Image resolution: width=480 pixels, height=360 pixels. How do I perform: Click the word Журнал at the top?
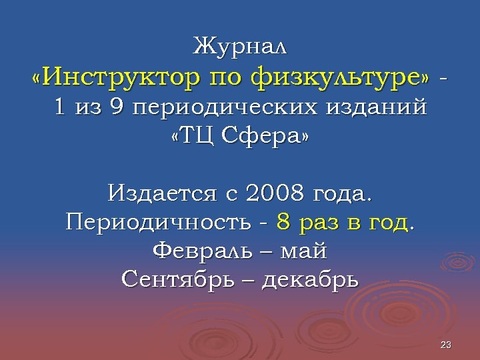[x=240, y=47]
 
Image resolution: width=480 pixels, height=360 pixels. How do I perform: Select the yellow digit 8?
[x=283, y=223]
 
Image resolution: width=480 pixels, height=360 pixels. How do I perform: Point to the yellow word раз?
[x=320, y=223]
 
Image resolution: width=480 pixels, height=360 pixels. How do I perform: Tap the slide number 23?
[x=447, y=345]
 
